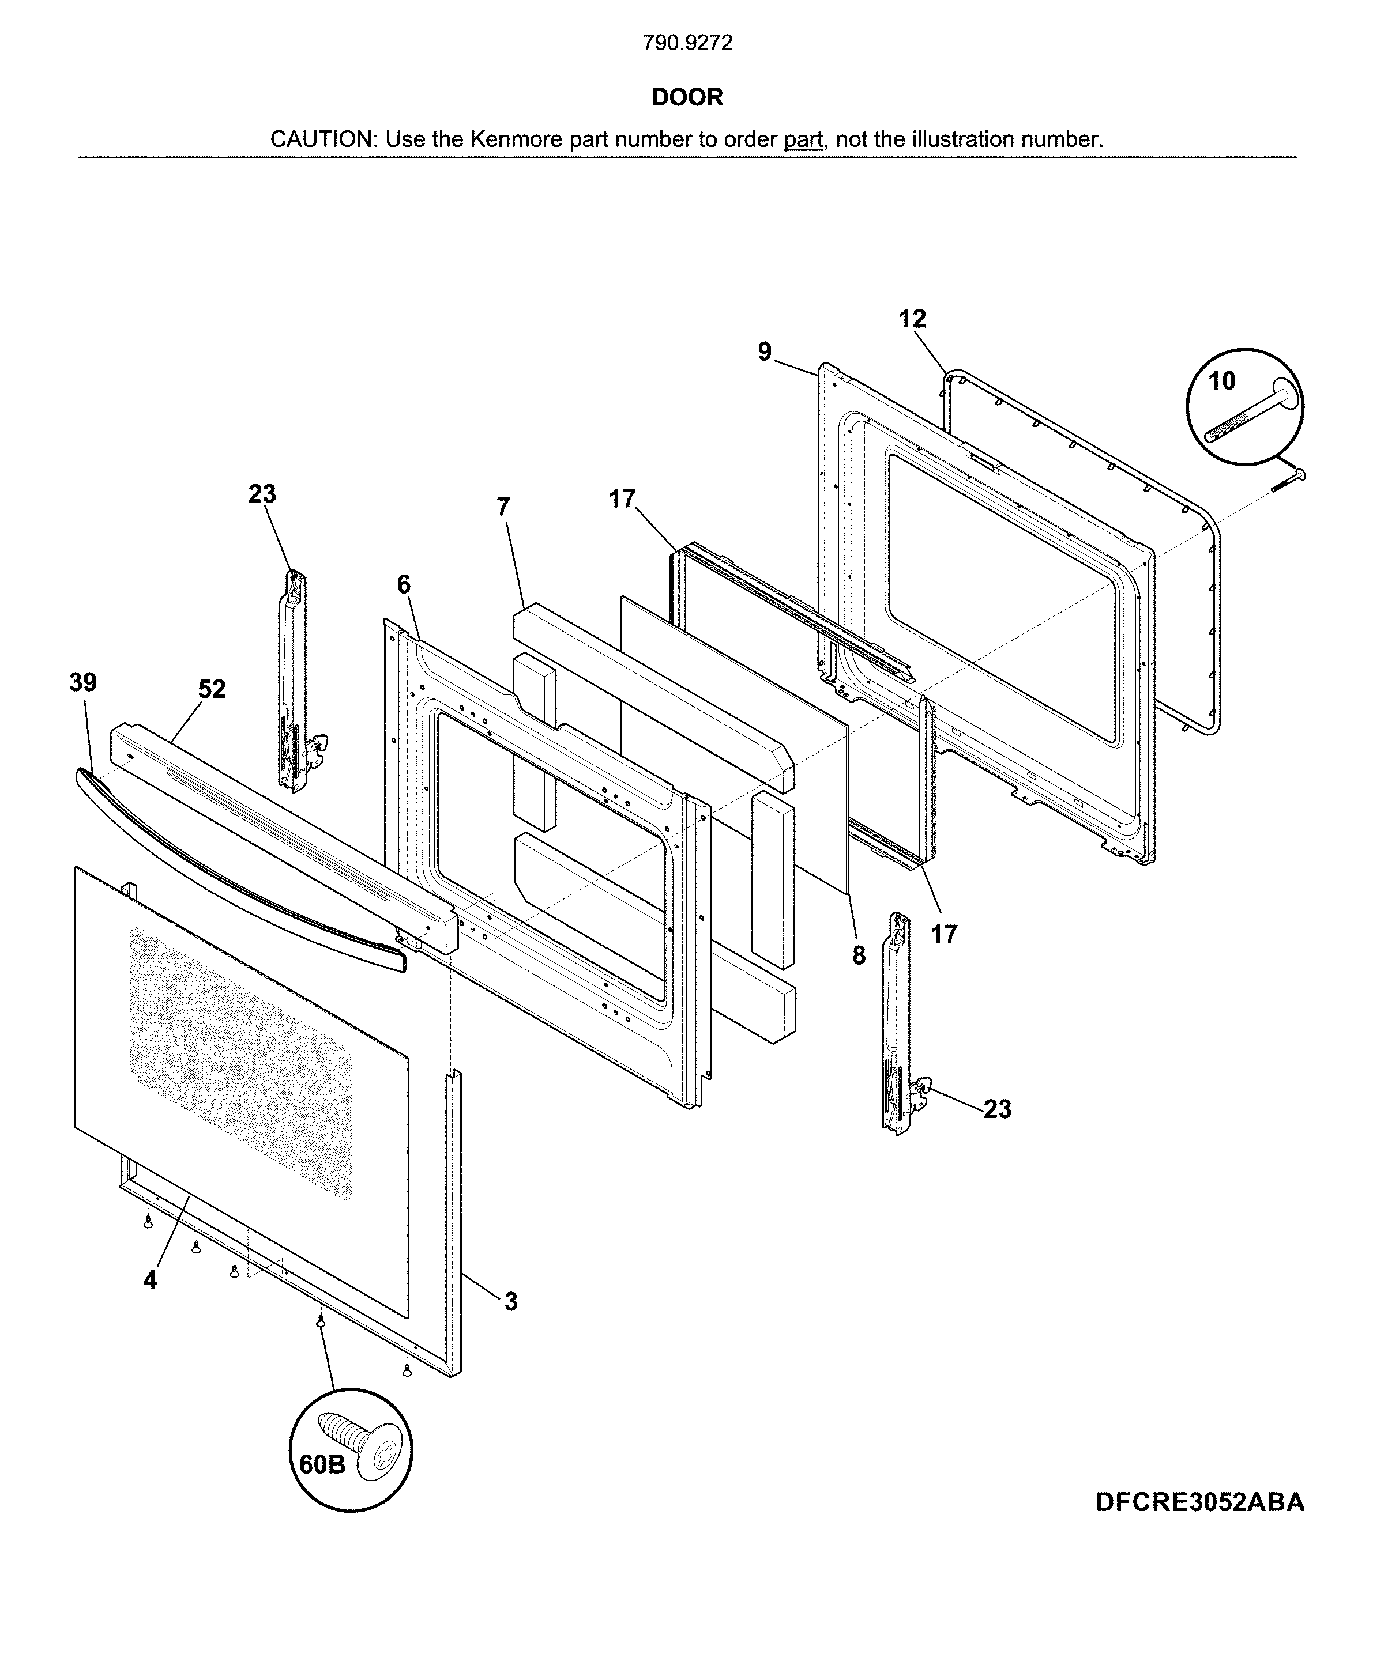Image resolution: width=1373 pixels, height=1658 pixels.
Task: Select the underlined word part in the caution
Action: coord(803,139)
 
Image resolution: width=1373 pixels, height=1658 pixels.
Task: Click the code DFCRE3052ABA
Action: coord(1200,1502)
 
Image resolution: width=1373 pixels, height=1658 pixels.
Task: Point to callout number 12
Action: coord(912,319)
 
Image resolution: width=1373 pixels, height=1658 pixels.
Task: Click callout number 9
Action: coord(764,352)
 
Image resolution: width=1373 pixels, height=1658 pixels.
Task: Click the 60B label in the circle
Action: coord(322,1464)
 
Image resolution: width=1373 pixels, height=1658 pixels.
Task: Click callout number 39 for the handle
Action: coord(83,682)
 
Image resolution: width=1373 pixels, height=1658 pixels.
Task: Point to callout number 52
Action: coord(211,689)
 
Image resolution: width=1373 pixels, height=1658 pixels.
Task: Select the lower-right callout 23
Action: coord(997,1109)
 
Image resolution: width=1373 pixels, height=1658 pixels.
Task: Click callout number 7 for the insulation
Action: coord(503,507)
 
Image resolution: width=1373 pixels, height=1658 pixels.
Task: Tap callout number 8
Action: coord(859,956)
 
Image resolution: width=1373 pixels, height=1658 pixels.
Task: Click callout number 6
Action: coord(403,585)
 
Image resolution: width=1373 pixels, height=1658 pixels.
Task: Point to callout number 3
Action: coord(511,1302)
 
